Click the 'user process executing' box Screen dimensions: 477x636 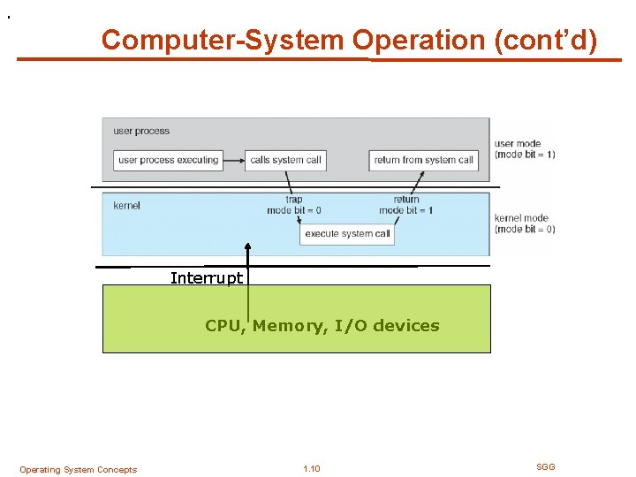(x=168, y=160)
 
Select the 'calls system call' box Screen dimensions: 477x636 (x=285, y=160)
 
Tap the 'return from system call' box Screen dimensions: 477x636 (x=424, y=160)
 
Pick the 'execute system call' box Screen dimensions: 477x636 (x=347, y=234)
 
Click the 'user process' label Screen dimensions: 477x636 (x=141, y=132)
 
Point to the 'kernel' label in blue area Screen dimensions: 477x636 (x=126, y=206)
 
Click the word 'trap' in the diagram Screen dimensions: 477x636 (x=294, y=200)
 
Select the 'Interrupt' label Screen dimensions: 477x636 (x=207, y=278)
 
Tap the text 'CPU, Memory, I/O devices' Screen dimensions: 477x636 (x=322, y=325)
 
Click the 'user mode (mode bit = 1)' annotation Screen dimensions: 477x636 (x=525, y=149)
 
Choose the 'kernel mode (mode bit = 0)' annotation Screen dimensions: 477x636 (x=525, y=223)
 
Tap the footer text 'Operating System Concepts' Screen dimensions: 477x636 (x=78, y=470)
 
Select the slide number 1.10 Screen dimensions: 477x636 (x=311, y=469)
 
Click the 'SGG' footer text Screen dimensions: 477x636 (x=546, y=466)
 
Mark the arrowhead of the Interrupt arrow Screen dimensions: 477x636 (x=248, y=247)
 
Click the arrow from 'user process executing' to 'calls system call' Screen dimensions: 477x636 (x=233, y=160)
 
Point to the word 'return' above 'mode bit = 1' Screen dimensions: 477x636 (x=406, y=200)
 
